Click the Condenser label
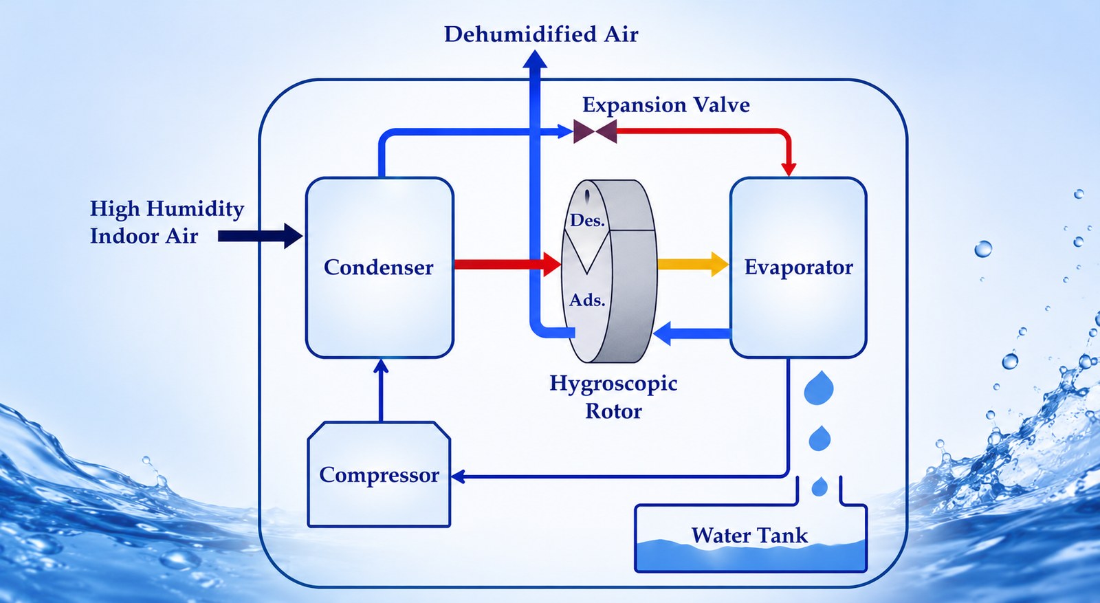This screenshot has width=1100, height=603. click(x=378, y=267)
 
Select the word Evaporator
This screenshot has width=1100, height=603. click(x=798, y=267)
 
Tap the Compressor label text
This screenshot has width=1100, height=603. click(x=379, y=475)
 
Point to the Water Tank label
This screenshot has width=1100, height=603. click(x=749, y=535)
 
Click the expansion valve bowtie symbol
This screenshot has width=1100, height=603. click(x=595, y=131)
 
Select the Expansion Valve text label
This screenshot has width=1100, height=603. click(x=666, y=105)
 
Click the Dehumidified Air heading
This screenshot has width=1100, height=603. click(x=540, y=34)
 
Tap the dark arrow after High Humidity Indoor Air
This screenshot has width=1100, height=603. click(x=260, y=236)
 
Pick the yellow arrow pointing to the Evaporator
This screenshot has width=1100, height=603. click(x=692, y=264)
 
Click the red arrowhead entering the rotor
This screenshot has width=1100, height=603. click(x=552, y=265)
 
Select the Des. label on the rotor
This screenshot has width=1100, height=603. click(x=587, y=221)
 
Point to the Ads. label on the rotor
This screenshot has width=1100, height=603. click(x=587, y=300)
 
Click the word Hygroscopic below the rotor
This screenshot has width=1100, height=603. click(x=613, y=384)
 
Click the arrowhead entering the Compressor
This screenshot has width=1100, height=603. click(x=458, y=476)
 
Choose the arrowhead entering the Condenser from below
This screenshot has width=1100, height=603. click(x=381, y=366)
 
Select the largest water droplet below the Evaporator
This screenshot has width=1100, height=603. click(x=819, y=387)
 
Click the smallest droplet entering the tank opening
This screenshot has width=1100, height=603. click(x=819, y=486)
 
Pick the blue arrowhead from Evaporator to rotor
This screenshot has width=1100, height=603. click(x=662, y=333)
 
